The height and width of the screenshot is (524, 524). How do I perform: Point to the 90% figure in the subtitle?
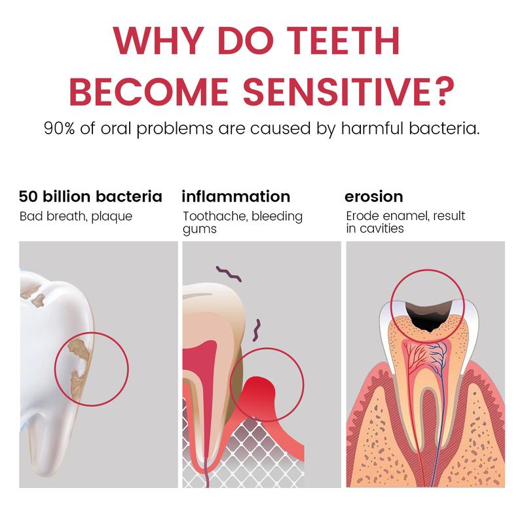click(x=58, y=128)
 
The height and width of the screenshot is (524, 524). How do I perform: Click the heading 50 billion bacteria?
click(x=90, y=196)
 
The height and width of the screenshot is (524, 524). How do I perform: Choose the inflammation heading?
click(x=236, y=196)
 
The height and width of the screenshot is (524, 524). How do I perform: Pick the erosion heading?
click(x=373, y=196)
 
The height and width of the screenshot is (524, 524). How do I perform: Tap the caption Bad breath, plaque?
click(x=75, y=216)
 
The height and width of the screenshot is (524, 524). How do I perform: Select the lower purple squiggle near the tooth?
click(x=259, y=327)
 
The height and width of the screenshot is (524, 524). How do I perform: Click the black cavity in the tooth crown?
click(x=428, y=314)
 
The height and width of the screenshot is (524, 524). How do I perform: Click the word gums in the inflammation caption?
click(x=199, y=229)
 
